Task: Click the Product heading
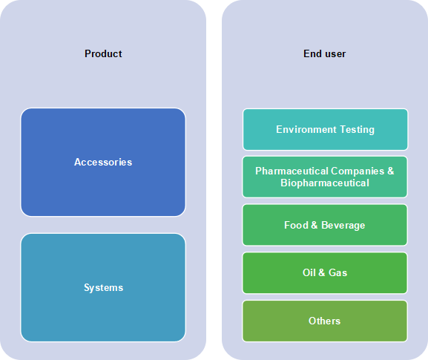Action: coord(103,53)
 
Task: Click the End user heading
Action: coord(325,53)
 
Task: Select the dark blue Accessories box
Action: coord(103,163)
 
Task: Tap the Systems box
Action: coord(103,287)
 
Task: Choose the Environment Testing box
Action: coord(325,129)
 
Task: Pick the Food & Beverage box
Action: coord(325,225)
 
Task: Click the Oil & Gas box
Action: coord(325,273)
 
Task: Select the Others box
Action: coord(325,321)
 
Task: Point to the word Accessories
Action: coord(103,163)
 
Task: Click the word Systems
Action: coord(103,288)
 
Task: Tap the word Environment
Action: coord(306,129)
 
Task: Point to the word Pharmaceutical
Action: coord(292,171)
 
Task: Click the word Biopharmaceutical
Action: coord(325,183)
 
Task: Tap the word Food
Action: coord(296,226)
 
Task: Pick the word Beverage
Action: coord(343,226)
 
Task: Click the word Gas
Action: coord(338,273)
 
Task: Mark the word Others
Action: coord(325,321)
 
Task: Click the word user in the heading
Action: coord(335,54)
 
